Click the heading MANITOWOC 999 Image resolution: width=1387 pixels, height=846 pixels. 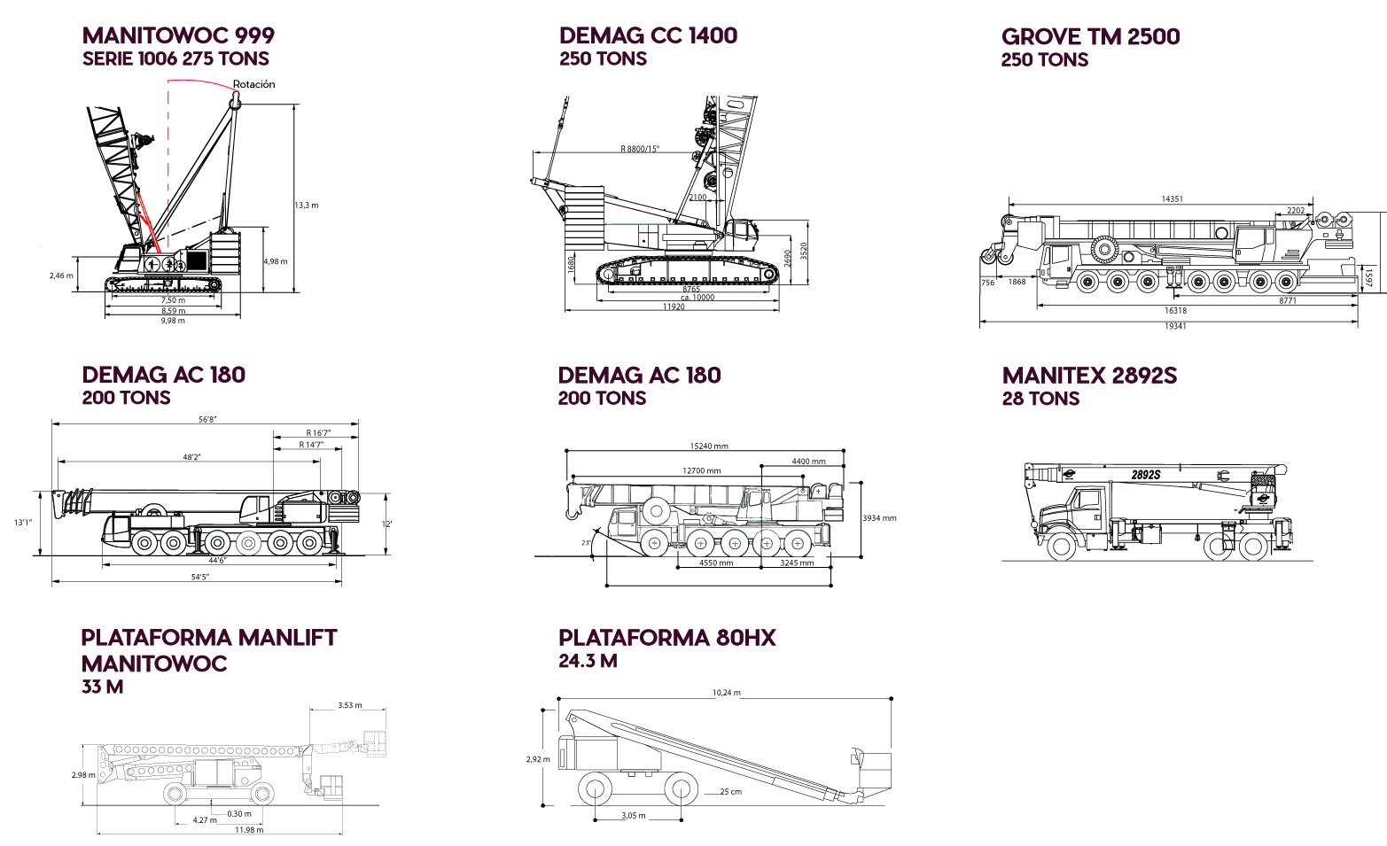(178, 36)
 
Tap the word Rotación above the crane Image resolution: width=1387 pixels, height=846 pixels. (253, 85)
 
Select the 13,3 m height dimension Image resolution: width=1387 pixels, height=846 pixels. (307, 206)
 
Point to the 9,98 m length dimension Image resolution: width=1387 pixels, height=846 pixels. (173, 321)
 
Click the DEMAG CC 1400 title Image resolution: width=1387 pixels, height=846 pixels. (648, 36)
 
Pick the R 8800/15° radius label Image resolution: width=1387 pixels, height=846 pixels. (639, 149)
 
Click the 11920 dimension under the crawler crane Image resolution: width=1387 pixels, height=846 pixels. (674, 307)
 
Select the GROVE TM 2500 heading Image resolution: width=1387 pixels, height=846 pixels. (1090, 37)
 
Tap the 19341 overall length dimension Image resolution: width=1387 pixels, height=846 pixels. (1175, 326)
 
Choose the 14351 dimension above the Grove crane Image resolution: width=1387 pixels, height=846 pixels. (1172, 199)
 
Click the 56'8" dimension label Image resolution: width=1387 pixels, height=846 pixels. (207, 420)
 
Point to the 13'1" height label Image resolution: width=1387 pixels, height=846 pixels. (23, 523)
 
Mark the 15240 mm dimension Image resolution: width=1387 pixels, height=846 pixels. (708, 446)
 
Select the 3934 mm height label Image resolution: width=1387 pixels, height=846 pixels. (879, 518)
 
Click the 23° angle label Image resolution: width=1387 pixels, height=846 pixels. (586, 543)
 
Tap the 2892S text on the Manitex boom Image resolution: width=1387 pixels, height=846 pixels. (1145, 475)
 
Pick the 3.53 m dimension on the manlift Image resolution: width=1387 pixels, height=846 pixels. (350, 706)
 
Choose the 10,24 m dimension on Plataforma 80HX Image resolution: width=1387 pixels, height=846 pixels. (726, 693)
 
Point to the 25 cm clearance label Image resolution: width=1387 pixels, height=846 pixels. (730, 792)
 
